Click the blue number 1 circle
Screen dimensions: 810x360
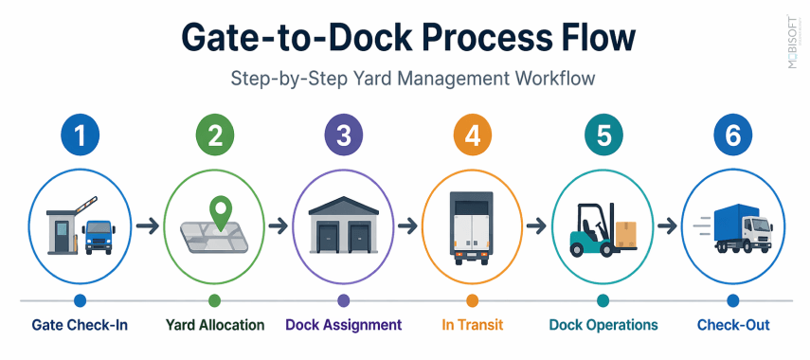pyautogui.click(x=80, y=135)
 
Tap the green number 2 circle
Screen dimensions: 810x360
pyautogui.click(x=214, y=135)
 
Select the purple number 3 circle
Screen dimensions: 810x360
pyautogui.click(x=343, y=135)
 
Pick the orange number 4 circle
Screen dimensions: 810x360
pyautogui.click(x=472, y=135)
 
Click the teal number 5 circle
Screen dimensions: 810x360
pyautogui.click(x=603, y=135)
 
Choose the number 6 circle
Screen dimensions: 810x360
pyautogui.click(x=731, y=135)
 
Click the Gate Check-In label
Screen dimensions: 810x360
pyautogui.click(x=80, y=325)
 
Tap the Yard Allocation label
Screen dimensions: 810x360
pyautogui.click(x=214, y=325)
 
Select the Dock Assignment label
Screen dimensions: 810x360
pyautogui.click(x=344, y=325)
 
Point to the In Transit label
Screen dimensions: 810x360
pyautogui.click(x=472, y=325)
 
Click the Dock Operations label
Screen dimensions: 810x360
pyautogui.click(x=603, y=325)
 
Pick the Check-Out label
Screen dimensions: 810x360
pyautogui.click(x=732, y=325)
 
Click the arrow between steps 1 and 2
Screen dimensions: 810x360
pyautogui.click(x=146, y=226)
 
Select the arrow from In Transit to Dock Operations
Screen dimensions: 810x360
pyautogui.click(x=536, y=226)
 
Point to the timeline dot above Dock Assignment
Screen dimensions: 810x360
pyautogui.click(x=343, y=300)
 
